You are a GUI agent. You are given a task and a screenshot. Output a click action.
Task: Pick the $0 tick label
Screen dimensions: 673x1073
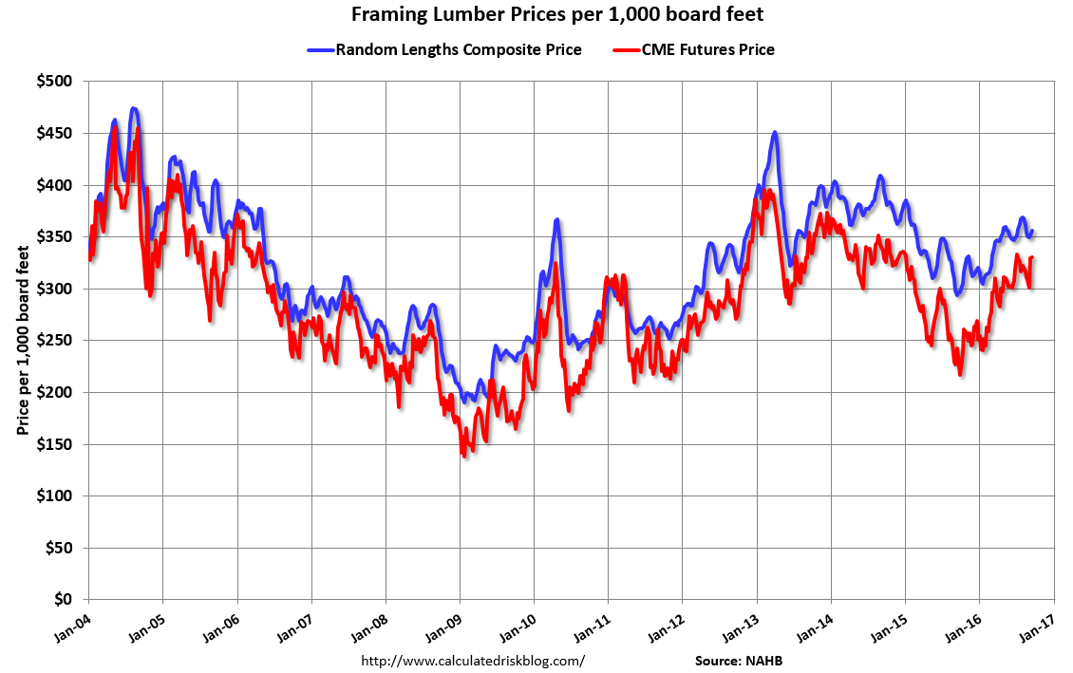click(62, 600)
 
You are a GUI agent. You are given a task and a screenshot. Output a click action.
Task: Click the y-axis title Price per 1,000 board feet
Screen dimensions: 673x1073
click(22, 341)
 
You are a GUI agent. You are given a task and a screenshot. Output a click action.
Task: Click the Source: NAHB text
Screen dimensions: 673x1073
click(739, 660)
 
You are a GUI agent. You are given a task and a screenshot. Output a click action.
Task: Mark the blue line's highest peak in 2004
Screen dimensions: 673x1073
click(134, 109)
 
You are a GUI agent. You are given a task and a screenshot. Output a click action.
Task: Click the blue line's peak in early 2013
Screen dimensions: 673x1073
click(775, 133)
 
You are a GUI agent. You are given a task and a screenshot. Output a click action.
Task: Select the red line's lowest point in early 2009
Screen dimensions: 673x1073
click(463, 456)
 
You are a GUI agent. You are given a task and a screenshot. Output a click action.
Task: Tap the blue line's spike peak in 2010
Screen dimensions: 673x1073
click(556, 220)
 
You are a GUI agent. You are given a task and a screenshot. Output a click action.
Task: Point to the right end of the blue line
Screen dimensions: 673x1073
click(1032, 231)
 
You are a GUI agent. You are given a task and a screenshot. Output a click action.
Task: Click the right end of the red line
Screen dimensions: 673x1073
click(1032, 257)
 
